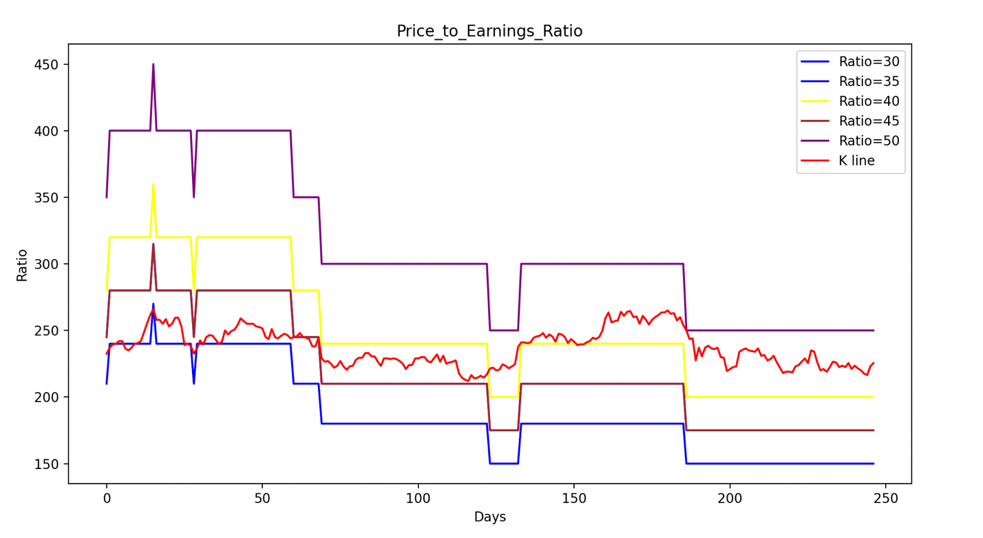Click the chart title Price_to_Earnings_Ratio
(x=489, y=32)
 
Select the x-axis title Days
(x=489, y=517)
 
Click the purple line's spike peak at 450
(x=153, y=64)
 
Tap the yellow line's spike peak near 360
(x=153, y=184)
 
